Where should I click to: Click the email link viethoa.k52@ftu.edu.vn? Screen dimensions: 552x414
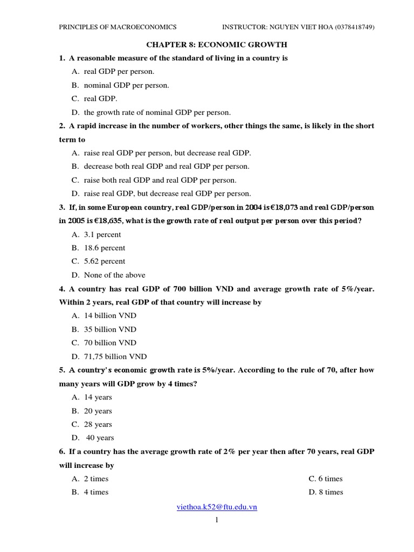click(x=217, y=507)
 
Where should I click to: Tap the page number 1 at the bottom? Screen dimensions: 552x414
click(x=216, y=520)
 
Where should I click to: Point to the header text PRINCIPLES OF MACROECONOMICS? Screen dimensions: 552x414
click(x=118, y=27)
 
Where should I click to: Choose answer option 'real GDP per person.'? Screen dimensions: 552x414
click(x=119, y=71)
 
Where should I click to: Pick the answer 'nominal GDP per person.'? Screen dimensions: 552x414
click(x=126, y=85)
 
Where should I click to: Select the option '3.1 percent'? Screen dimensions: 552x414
click(x=102, y=234)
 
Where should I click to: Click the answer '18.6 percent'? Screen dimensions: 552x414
click(x=105, y=248)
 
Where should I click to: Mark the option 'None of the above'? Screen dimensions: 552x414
click(x=114, y=275)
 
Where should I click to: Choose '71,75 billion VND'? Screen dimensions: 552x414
click(x=115, y=356)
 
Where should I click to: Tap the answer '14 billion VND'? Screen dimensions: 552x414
click(x=110, y=315)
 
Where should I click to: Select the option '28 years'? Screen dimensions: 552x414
click(x=98, y=424)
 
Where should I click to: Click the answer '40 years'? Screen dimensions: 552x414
click(x=100, y=438)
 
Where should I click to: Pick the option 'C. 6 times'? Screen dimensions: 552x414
click(x=326, y=479)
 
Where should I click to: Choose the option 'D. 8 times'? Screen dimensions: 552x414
click(x=326, y=492)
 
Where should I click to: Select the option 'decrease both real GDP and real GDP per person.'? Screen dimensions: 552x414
click(x=167, y=167)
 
